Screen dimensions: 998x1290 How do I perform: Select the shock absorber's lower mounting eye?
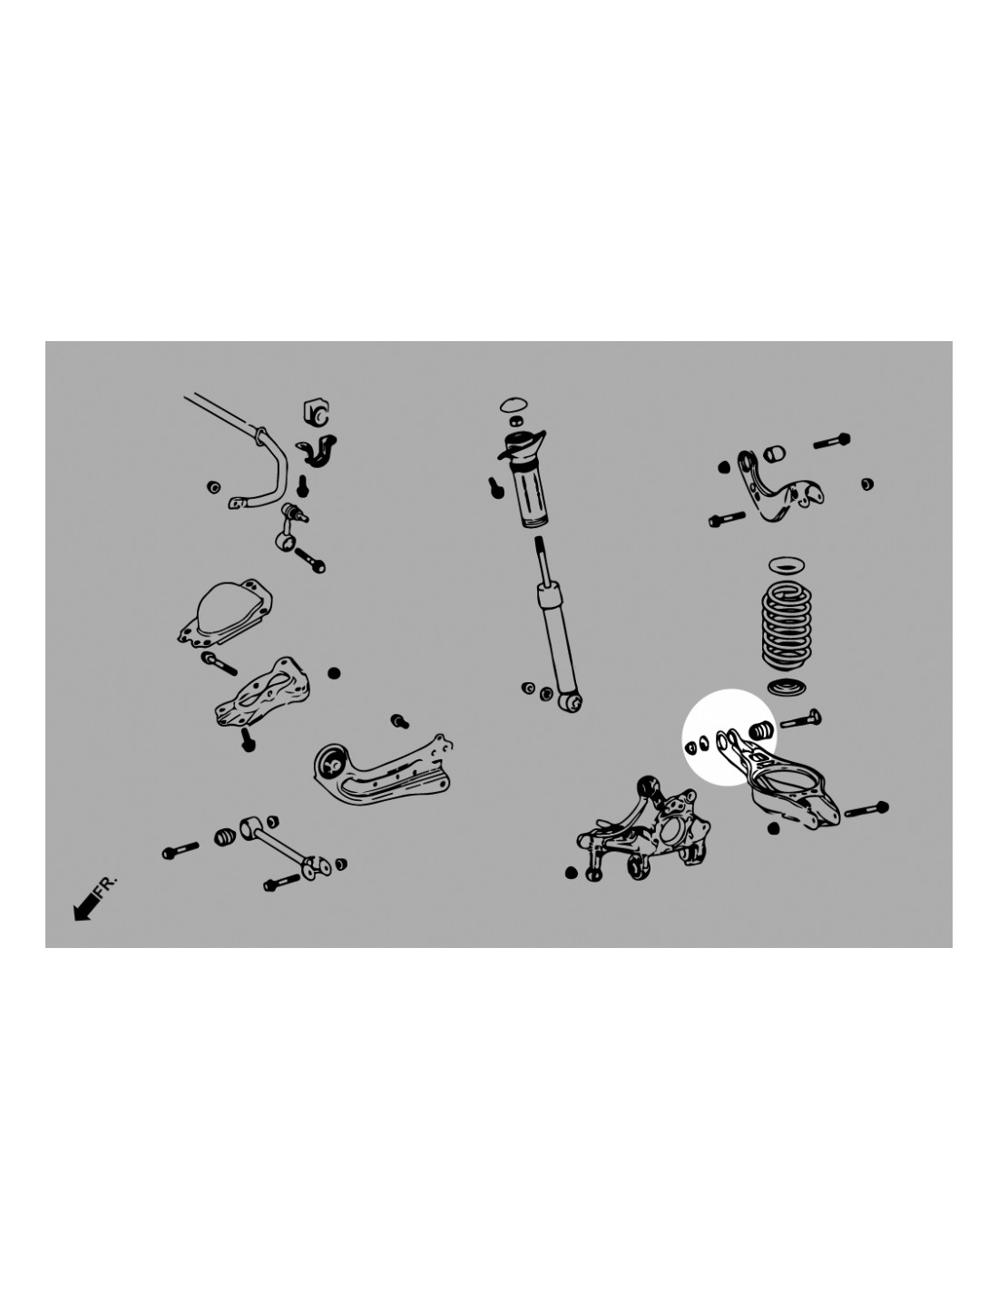pos(572,702)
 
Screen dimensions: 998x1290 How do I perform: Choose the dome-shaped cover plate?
pos(226,612)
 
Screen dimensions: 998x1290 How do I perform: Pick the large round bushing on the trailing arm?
pos(330,763)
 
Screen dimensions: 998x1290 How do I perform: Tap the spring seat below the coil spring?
pos(786,687)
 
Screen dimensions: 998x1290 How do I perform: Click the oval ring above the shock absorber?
pos(514,405)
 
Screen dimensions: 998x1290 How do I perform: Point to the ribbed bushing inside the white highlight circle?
pos(760,729)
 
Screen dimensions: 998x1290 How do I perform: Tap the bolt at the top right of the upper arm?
pos(832,441)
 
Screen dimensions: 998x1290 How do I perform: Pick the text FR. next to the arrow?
pos(107,886)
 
